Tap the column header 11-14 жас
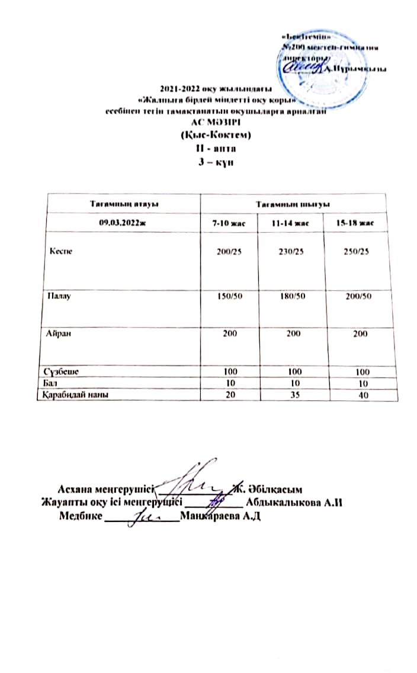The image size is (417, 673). tap(291, 222)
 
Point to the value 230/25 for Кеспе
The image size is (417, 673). tap(291, 252)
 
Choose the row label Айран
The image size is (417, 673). tap(59, 334)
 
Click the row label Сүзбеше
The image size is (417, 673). tap(60, 371)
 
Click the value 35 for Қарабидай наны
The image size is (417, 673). tap(291, 394)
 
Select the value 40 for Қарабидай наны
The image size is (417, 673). tap(355, 395)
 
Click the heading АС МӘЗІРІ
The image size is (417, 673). tap(214, 124)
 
